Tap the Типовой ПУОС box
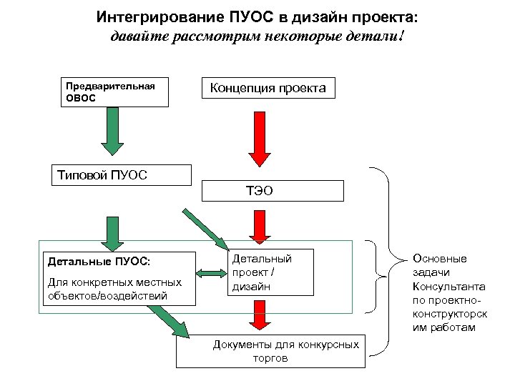tap(122, 175)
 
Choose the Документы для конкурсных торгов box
tap(270, 351)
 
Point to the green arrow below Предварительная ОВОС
tap(113, 130)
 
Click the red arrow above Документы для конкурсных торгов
tap(257, 315)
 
